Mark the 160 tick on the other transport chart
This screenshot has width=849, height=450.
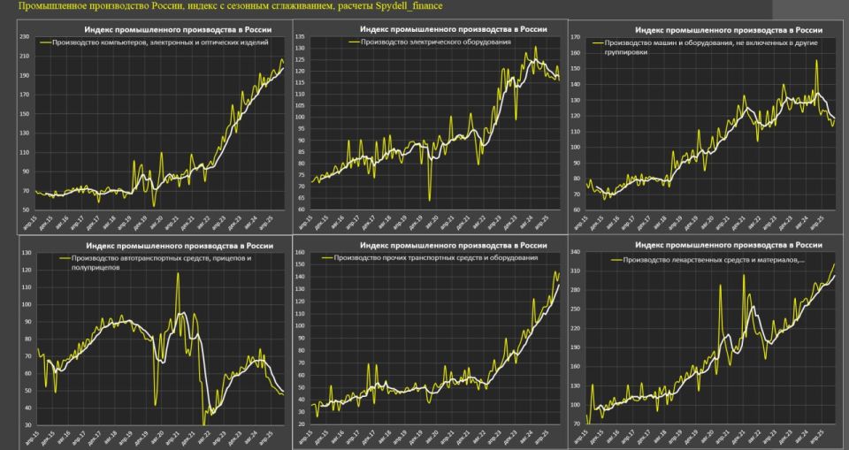tap(299, 252)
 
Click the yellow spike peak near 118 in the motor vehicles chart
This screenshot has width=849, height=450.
tap(178, 273)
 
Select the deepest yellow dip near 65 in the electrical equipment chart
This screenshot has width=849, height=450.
tap(431, 200)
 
